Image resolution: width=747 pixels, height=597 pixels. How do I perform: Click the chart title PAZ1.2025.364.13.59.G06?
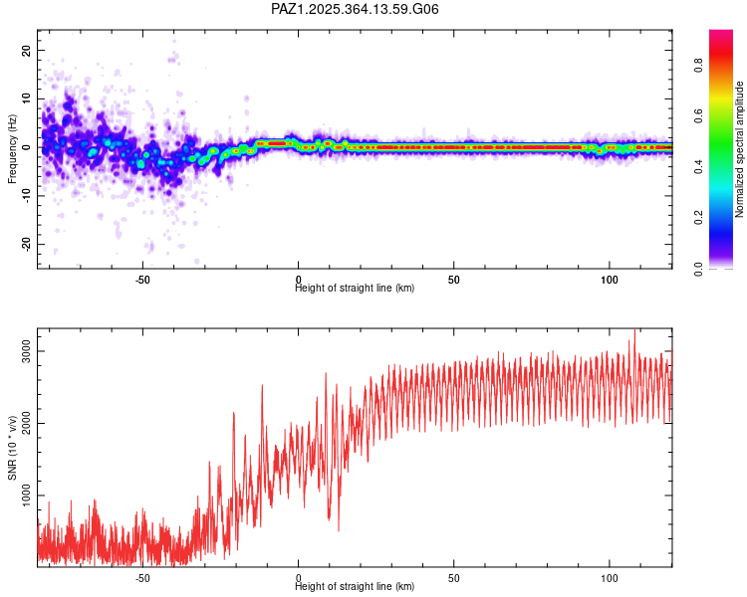(x=356, y=9)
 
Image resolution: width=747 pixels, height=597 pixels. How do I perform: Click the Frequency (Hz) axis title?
(x=13, y=148)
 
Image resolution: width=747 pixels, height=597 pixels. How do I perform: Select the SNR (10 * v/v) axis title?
(x=13, y=448)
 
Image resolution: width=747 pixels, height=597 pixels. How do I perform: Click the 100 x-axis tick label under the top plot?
(x=609, y=280)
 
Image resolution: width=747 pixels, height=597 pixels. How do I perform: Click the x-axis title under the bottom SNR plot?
(x=355, y=587)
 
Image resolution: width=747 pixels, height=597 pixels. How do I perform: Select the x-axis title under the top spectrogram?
(x=355, y=289)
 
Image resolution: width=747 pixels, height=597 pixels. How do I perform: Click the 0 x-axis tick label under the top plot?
(x=298, y=280)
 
